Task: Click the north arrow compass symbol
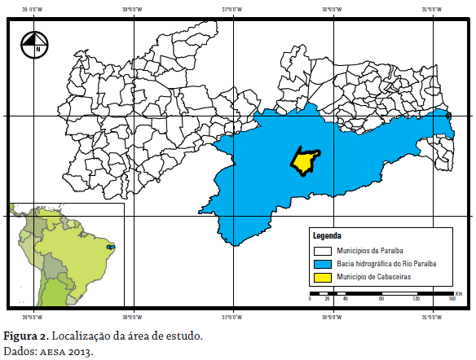click(35, 44)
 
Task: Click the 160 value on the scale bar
click(451, 300)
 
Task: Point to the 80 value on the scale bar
click(381, 300)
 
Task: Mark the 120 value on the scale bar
click(416, 300)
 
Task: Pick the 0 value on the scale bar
click(311, 300)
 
